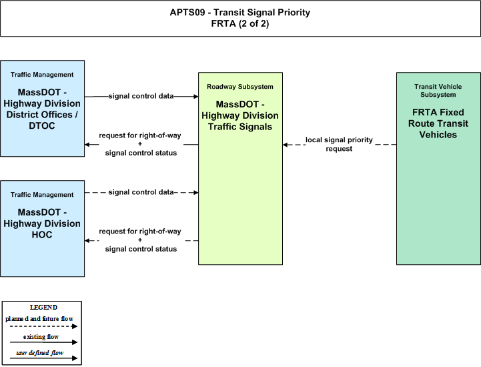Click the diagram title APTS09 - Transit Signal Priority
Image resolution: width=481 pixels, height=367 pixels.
click(240, 12)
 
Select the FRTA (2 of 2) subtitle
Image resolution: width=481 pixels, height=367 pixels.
click(240, 23)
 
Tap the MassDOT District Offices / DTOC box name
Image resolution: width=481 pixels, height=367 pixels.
click(42, 109)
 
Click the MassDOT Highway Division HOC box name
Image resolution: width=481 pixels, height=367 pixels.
click(42, 224)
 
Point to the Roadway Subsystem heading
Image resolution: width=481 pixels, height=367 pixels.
click(240, 87)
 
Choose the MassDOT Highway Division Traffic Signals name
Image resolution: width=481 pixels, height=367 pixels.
click(240, 115)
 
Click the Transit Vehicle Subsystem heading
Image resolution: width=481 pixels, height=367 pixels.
click(438, 91)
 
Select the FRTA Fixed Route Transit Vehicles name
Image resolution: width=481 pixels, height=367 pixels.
click(438, 123)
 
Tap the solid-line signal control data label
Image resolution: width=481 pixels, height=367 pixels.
click(141, 96)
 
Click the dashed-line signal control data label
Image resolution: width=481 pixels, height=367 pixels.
click(141, 192)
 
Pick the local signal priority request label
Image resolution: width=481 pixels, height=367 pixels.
click(339, 144)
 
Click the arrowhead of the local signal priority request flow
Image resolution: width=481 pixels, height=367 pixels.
click(286, 145)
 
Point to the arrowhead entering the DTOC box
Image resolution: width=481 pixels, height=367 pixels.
click(87, 144)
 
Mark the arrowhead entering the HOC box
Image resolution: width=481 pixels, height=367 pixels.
click(87, 241)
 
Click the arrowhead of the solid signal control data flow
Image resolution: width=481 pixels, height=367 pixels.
click(195, 96)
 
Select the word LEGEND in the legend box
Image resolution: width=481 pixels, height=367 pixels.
click(43, 307)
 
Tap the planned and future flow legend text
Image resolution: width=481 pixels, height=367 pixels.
click(39, 319)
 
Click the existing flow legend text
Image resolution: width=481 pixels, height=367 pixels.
click(41, 337)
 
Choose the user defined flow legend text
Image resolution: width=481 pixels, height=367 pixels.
click(39, 353)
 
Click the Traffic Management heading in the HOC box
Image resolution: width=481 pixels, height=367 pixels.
click(42, 195)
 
